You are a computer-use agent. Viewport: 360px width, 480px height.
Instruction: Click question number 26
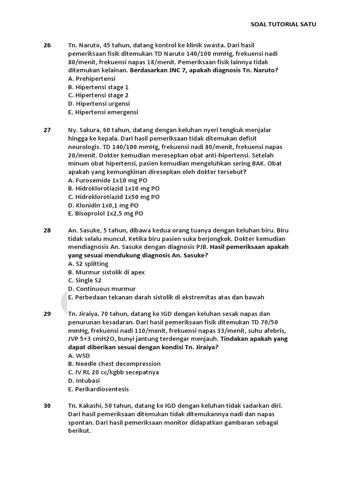coord(47,45)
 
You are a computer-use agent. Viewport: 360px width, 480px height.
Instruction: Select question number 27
coord(47,130)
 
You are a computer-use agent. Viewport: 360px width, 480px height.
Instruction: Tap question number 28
coord(47,230)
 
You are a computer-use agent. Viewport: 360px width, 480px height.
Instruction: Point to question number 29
coord(47,314)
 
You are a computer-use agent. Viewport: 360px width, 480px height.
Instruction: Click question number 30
coord(47,405)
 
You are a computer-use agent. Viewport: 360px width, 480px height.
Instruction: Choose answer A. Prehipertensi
coord(91,79)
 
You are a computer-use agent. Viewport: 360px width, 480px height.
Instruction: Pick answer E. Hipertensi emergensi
coord(103,112)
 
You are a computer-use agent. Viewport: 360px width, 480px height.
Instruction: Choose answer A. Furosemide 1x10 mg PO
coord(107,180)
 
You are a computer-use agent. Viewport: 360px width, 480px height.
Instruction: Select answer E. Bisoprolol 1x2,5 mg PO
coord(105,214)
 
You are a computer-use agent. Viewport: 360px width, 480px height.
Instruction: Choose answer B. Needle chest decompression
coord(114,364)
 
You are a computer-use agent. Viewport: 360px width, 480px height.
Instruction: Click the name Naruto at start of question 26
coord(89,45)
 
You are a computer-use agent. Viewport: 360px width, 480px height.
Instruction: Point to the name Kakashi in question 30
coord(91,405)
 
